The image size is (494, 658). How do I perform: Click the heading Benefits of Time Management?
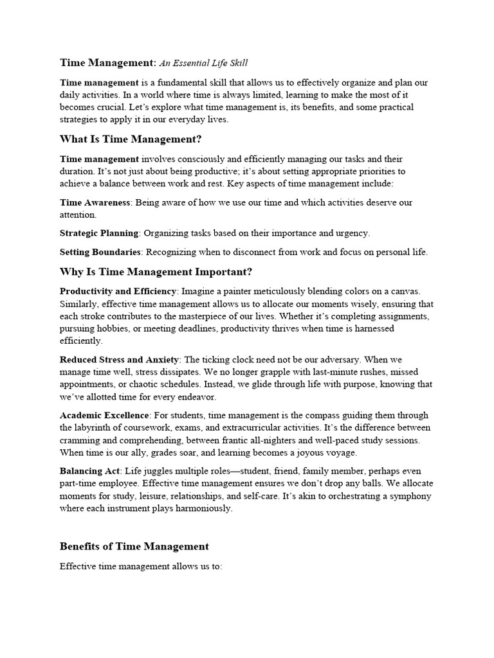pos(134,546)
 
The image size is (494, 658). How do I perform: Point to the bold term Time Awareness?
pos(95,202)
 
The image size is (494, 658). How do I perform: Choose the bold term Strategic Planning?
pos(99,233)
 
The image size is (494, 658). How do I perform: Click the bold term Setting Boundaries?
pos(99,252)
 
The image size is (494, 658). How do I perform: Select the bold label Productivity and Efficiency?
pos(118,291)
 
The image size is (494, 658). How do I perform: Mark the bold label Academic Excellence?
pos(104,415)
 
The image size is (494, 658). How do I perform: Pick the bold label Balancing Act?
pos(89,471)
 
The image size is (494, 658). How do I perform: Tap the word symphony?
pos(412,496)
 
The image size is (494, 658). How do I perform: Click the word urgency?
pos(351,233)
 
